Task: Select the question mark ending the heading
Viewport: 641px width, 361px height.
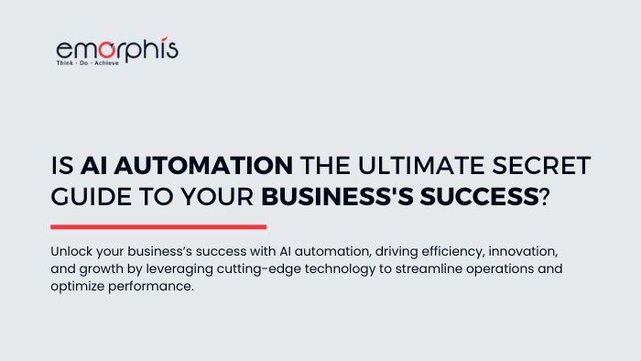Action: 546,196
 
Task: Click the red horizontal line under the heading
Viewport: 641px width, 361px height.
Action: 158,227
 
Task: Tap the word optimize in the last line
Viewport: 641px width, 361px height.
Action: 77,288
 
